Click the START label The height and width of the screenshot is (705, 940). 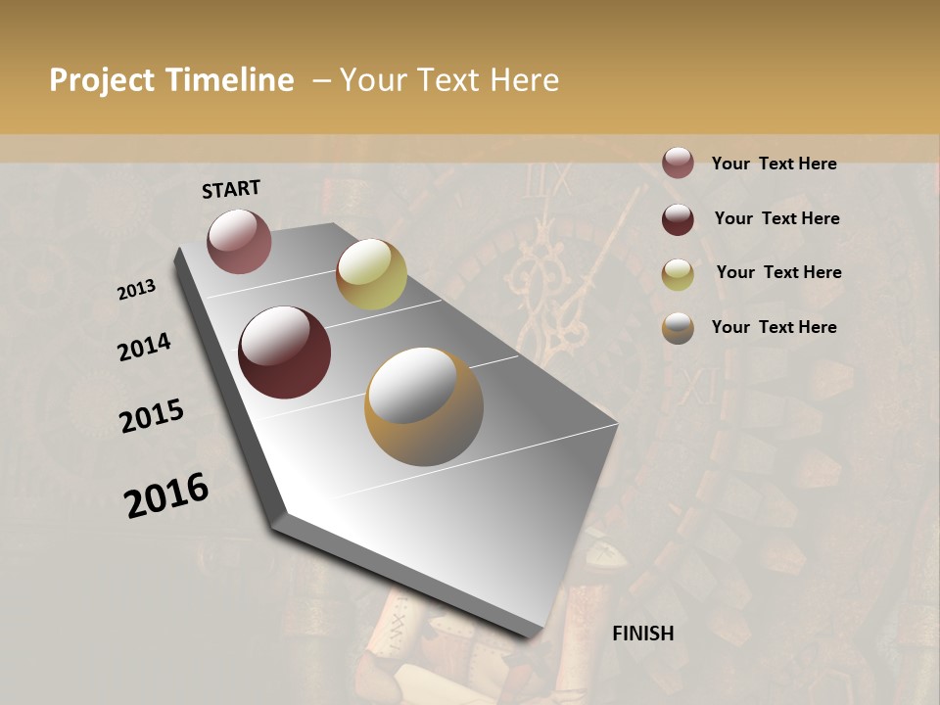[x=231, y=189]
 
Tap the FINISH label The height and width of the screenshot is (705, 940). [x=643, y=634]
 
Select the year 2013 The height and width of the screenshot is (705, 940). [x=137, y=290]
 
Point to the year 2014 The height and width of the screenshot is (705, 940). [x=144, y=348]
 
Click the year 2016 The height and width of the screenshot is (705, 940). [x=166, y=495]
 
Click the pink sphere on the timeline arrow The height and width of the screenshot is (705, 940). [x=239, y=241]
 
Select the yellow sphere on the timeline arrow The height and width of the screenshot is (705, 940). [x=371, y=274]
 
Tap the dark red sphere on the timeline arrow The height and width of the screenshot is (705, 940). [x=285, y=352]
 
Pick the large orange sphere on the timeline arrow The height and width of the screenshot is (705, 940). [x=424, y=406]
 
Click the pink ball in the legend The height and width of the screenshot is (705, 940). [x=678, y=163]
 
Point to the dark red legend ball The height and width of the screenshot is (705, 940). [x=678, y=219]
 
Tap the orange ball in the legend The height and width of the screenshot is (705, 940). [x=678, y=328]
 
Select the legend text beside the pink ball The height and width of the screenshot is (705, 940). [x=774, y=164]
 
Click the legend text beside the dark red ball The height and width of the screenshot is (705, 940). [x=776, y=218]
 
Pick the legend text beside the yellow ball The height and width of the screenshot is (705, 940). [x=778, y=272]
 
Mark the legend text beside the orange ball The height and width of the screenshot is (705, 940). [x=774, y=327]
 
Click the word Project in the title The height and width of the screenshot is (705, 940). [x=103, y=80]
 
